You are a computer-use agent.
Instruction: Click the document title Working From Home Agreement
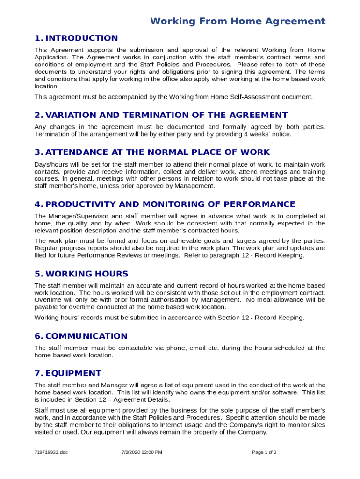pyautogui.click(x=238, y=21)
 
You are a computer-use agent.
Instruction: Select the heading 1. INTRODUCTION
pyautogui.click(x=76, y=38)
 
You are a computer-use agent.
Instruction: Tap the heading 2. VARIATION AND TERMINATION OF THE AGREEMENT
pyautogui.click(x=161, y=115)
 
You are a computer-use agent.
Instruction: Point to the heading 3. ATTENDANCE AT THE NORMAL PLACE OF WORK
pyautogui.click(x=152, y=152)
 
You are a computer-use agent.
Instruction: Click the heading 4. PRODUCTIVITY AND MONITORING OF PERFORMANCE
pyautogui.click(x=165, y=204)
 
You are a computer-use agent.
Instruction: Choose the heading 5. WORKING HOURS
pyautogui.click(x=81, y=274)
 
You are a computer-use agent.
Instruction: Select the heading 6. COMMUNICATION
pyautogui.click(x=80, y=336)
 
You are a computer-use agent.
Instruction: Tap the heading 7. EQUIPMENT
pyautogui.click(x=68, y=373)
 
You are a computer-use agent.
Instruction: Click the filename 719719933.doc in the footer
pyautogui.click(x=51, y=452)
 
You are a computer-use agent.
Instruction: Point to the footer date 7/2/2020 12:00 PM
pyautogui.click(x=141, y=452)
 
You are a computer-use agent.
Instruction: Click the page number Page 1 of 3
pyautogui.click(x=264, y=452)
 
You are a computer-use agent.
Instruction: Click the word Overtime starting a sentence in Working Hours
pyautogui.click(x=48, y=300)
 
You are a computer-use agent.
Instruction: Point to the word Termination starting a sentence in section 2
pyautogui.click(x=53, y=134)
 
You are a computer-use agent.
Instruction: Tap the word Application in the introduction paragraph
pyautogui.click(x=51, y=58)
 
